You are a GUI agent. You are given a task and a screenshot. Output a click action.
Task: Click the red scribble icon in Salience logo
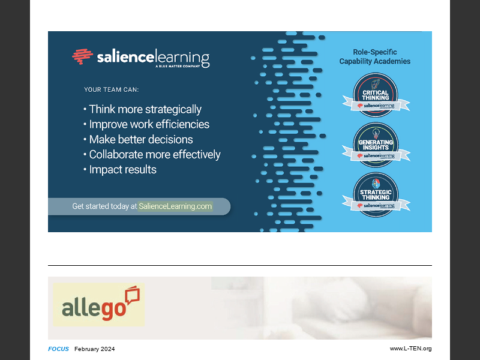82,56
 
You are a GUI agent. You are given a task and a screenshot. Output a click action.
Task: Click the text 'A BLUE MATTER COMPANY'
182,68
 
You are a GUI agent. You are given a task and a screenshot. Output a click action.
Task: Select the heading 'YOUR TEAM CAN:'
111,90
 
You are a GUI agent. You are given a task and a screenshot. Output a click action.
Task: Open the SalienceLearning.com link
175,206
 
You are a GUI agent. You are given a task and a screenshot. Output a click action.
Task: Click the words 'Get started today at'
104,206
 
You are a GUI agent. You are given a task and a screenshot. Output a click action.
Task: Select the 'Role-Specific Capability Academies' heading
375,56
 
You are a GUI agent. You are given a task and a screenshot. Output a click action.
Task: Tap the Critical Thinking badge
376,94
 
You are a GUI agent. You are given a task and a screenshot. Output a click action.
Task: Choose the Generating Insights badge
376,143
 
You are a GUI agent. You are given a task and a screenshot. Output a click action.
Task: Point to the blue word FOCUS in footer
58,349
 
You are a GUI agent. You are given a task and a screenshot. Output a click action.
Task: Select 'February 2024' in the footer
94,349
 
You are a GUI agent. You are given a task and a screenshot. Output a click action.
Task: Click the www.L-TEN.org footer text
410,349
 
